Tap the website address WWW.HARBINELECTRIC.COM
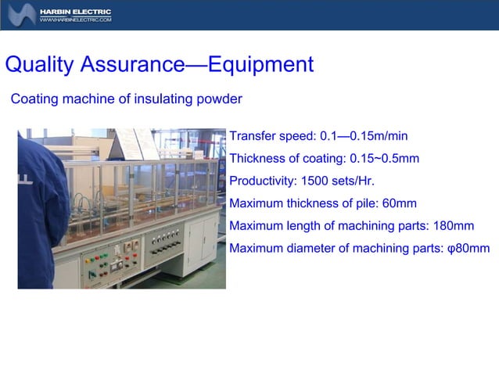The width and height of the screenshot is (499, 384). (x=75, y=20)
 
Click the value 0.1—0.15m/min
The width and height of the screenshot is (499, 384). (x=364, y=136)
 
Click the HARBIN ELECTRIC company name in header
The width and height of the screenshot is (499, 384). (x=75, y=12)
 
